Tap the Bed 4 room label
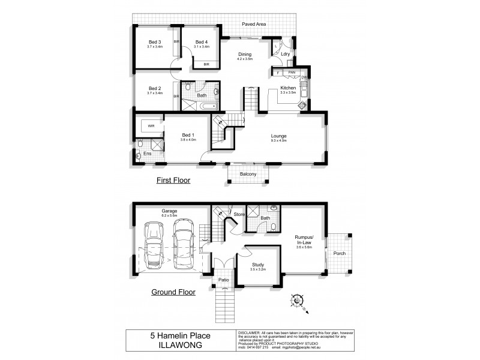201,43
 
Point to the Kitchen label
288,88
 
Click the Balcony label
248,174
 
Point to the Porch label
339,253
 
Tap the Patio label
225,280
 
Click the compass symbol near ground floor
297,299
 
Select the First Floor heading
173,179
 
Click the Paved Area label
254,24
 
